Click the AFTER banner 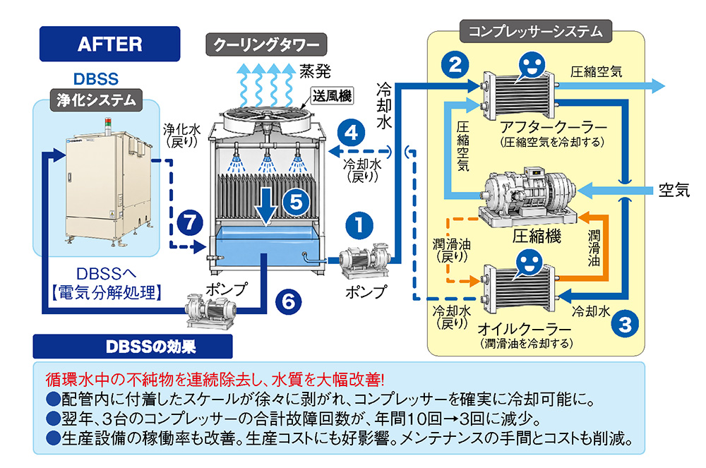pos(110,44)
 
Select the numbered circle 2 pos(455,65)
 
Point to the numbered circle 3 pos(625,323)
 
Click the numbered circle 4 pos(351,132)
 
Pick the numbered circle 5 pos(296,202)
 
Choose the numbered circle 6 pos(288,301)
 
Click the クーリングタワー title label pos(266,44)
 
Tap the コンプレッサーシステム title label pos(535,31)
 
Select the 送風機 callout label pos(333,95)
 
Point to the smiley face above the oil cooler pos(529,263)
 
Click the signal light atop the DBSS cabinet pos(108,124)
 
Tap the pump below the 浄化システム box pos(211,311)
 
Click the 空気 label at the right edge pos(674,190)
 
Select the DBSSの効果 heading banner pos(133,347)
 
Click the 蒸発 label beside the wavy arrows pos(315,71)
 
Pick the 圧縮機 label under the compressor pos(537,235)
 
